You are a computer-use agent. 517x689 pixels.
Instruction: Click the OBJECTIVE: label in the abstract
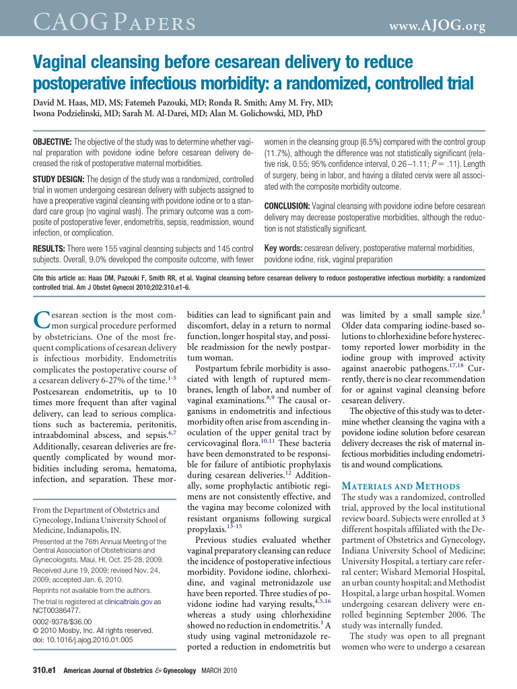pyautogui.click(x=52, y=143)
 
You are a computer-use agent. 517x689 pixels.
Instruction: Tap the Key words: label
pyautogui.click(x=283, y=248)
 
